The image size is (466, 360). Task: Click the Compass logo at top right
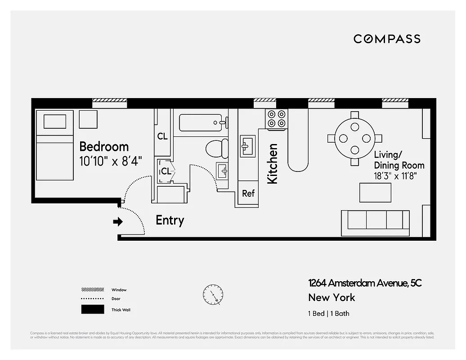[x=387, y=39]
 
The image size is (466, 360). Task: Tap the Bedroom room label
[x=104, y=147]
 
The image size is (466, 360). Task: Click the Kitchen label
[x=273, y=163]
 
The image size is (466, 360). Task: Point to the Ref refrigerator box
[x=248, y=193]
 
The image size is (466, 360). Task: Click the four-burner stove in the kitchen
[x=276, y=118]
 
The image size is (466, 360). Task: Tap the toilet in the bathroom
[x=217, y=148]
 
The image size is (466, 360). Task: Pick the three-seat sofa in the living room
[x=375, y=222]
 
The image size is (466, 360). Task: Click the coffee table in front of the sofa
[x=375, y=193]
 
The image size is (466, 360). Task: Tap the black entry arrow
[x=118, y=221]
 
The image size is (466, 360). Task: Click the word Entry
[x=170, y=220]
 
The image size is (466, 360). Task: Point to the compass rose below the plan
[x=212, y=295]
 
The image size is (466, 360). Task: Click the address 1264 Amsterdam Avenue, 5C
[x=365, y=283]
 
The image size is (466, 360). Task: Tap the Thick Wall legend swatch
[x=92, y=310]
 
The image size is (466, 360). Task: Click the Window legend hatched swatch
[x=92, y=290]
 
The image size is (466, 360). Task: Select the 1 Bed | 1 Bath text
[x=328, y=314]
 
